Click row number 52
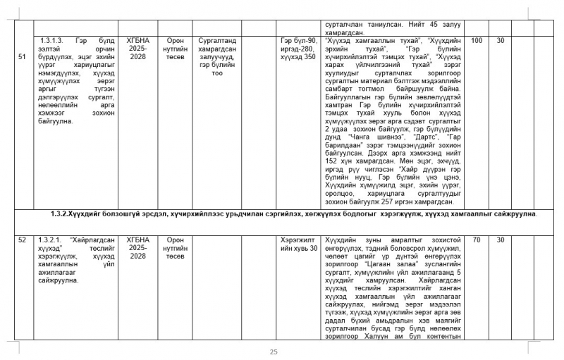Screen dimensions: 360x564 coord(21,240)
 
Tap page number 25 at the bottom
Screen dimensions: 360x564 coord(274,352)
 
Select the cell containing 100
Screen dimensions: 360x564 coord(477,41)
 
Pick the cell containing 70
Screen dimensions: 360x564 coord(477,240)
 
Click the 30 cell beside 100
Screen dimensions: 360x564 coord(500,41)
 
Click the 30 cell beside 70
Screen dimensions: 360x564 coord(500,240)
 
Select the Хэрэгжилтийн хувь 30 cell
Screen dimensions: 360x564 coord(299,244)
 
